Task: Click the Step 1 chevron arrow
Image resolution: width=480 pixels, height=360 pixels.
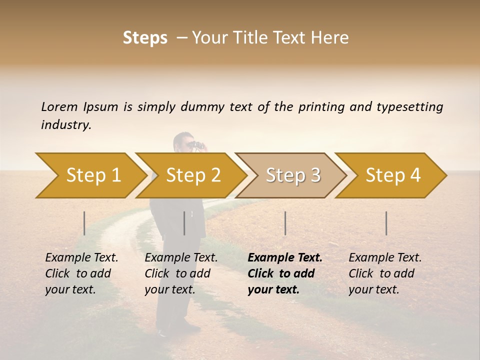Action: click(x=90, y=175)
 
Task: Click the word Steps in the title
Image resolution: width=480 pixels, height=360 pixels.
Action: click(x=145, y=38)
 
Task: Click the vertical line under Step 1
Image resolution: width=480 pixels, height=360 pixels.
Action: click(x=84, y=223)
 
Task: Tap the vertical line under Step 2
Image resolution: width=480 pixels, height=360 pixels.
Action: click(x=184, y=223)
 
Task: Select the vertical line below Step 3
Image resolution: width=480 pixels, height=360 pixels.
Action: click(x=285, y=223)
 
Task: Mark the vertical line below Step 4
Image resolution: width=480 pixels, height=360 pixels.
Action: click(x=386, y=223)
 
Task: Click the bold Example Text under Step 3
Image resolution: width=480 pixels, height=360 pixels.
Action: click(x=285, y=258)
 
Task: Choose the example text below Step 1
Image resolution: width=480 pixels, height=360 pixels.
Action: click(x=81, y=273)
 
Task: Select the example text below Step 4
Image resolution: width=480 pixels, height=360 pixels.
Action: click(x=385, y=273)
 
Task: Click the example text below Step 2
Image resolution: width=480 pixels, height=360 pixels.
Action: click(x=181, y=273)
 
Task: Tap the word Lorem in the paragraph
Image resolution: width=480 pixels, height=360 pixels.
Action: click(x=59, y=107)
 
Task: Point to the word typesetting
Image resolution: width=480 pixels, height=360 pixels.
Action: click(x=409, y=107)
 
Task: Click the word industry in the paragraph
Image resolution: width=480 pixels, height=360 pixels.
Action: click(x=65, y=125)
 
